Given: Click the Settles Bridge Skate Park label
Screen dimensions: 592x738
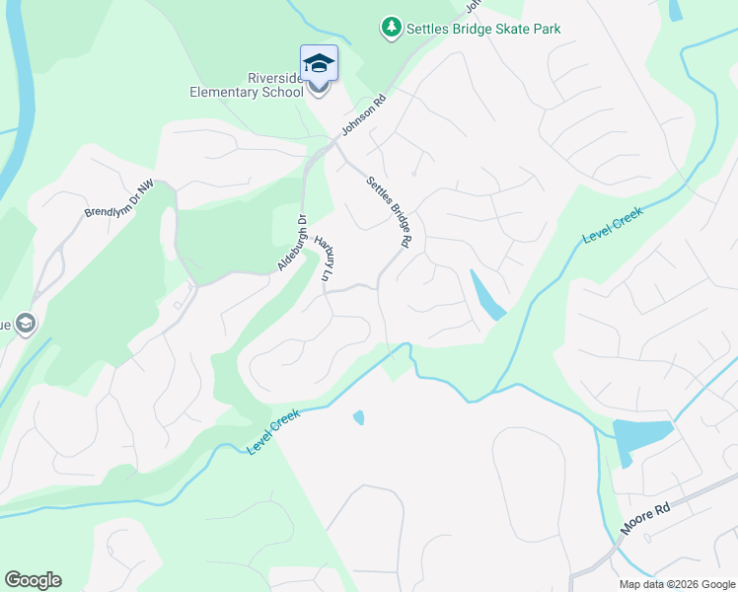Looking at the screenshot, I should [483, 29].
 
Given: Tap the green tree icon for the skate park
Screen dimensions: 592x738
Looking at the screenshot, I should [392, 28].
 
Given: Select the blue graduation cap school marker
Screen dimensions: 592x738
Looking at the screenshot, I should [319, 65].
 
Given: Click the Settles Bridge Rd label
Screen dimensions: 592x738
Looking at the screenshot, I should [388, 211].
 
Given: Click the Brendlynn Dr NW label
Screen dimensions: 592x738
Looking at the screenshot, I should [119, 198].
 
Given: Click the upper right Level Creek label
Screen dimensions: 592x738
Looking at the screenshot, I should [613, 225].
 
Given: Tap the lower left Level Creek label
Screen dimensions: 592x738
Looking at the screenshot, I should [272, 433].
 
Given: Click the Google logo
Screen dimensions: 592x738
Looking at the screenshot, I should [33, 580].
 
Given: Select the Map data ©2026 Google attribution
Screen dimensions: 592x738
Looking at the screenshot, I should [677, 584].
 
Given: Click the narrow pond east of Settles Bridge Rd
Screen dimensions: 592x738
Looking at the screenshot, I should [487, 295].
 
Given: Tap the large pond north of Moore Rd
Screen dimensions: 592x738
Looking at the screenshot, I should [641, 435].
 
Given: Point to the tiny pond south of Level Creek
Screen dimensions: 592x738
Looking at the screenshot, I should [358, 417].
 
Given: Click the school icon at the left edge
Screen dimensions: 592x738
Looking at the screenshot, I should [26, 324].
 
